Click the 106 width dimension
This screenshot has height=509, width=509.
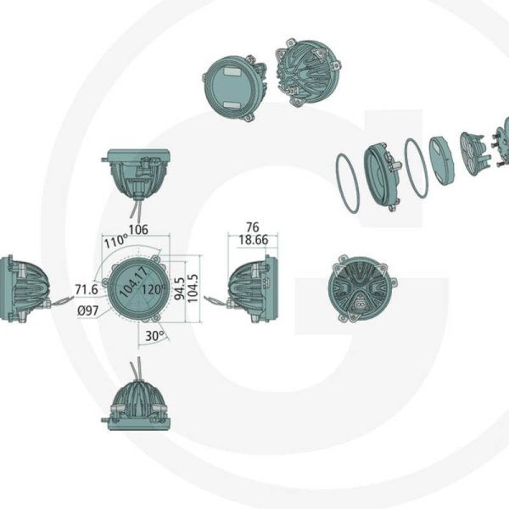click(139, 228)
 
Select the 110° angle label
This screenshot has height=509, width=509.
click(115, 241)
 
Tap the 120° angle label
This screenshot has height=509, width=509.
click(154, 288)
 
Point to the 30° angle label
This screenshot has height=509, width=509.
click(154, 335)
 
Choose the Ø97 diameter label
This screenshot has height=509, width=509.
click(89, 310)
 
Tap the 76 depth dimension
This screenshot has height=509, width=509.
click(251, 227)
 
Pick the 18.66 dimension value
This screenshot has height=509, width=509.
click(252, 240)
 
